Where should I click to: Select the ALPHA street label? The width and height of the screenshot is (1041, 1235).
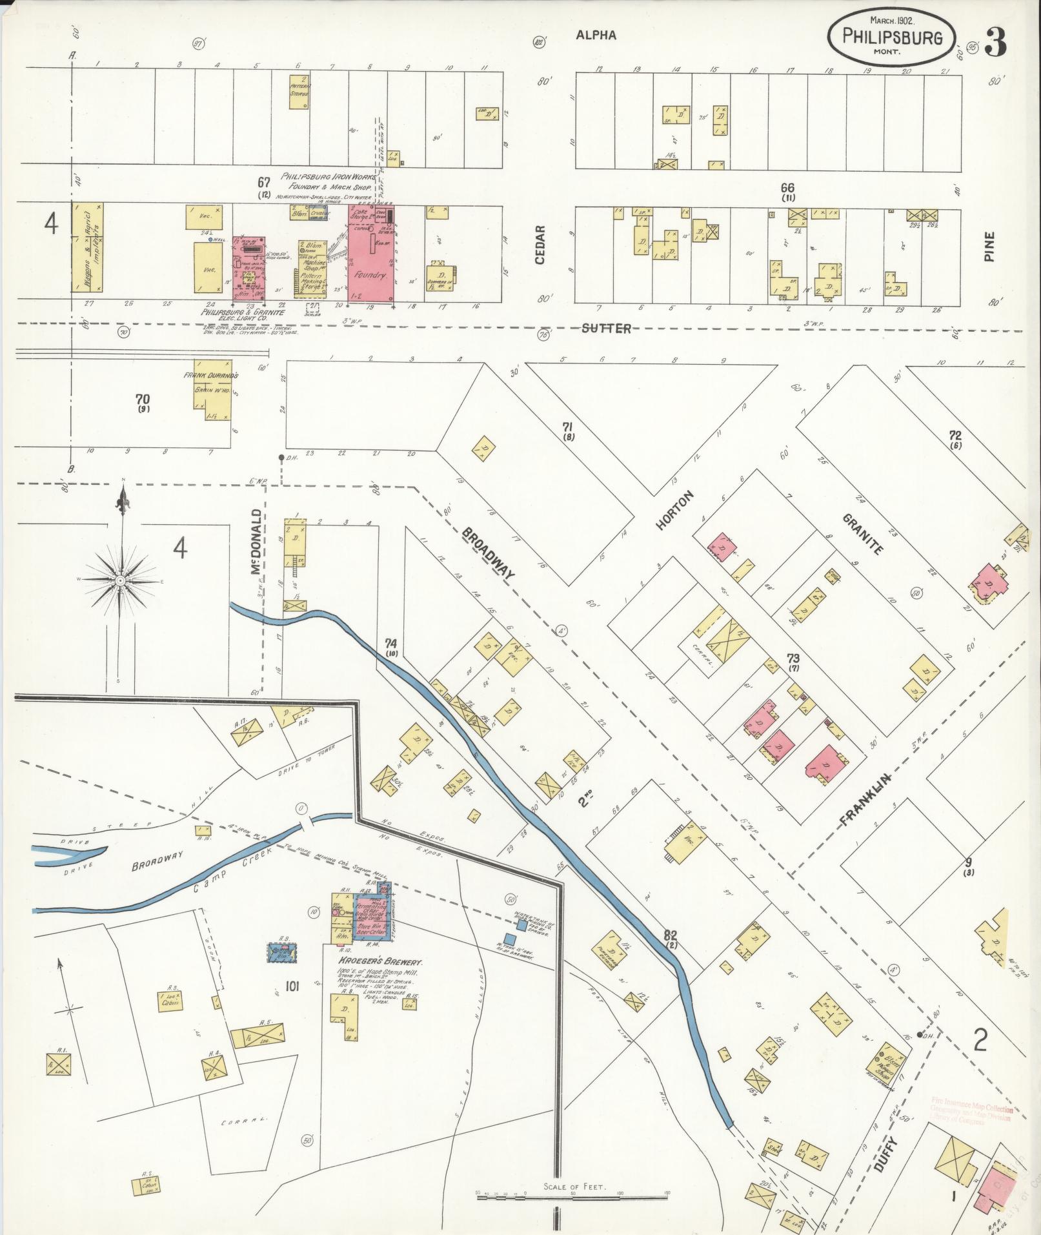click(596, 36)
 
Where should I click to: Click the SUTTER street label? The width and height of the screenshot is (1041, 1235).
click(606, 329)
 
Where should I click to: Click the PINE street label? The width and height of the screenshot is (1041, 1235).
click(990, 246)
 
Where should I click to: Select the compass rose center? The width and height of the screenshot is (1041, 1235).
click(120, 581)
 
